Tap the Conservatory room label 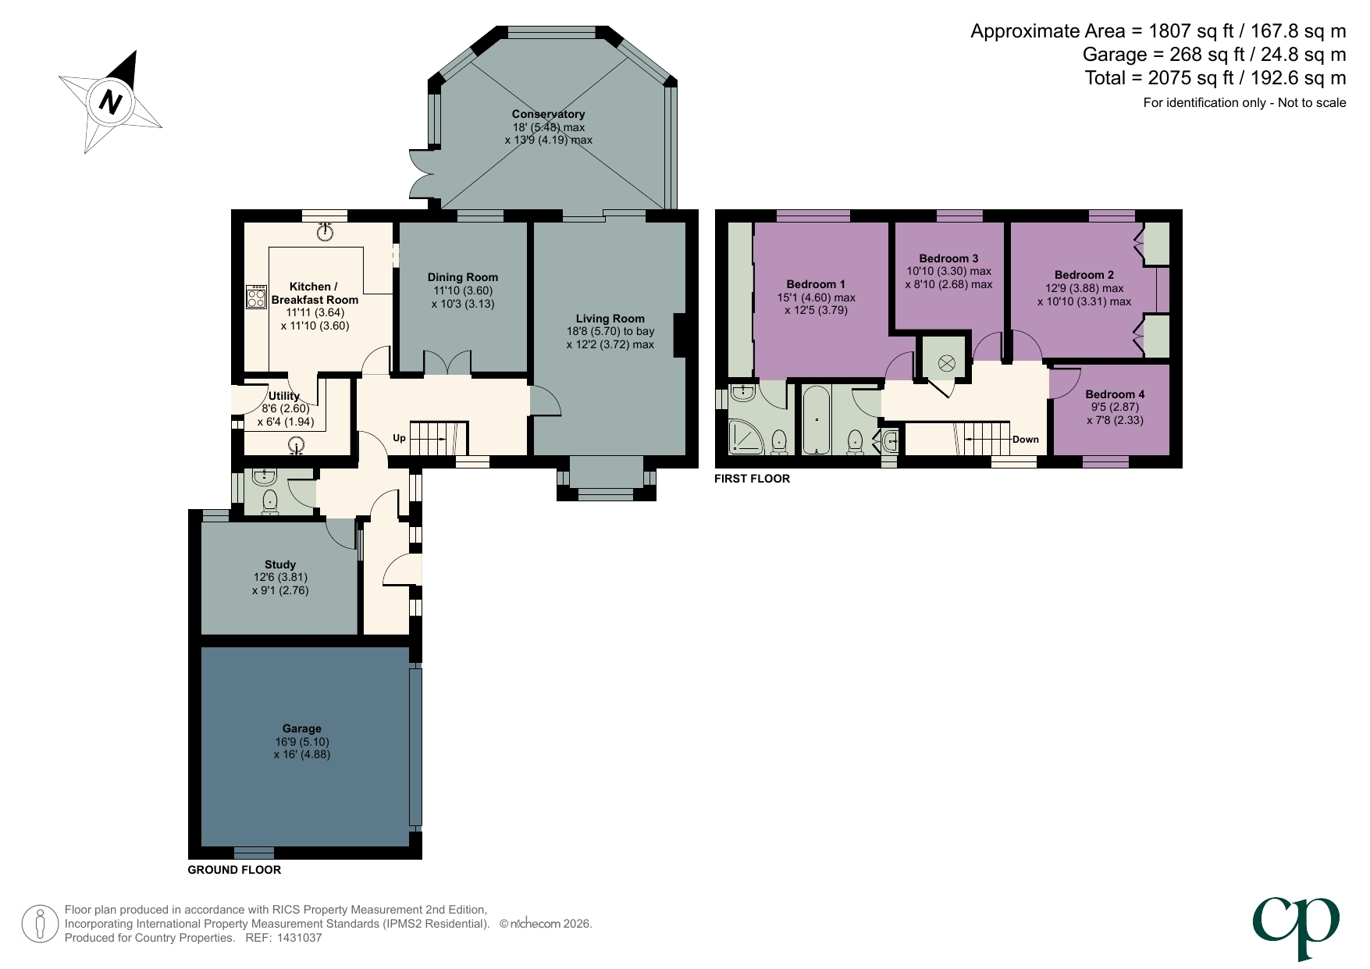[548, 114]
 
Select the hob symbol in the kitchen [256, 297]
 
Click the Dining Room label [462, 277]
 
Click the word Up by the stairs [399, 438]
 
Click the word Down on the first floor [1025, 439]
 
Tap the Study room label [279, 565]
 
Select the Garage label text [301, 729]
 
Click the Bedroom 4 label [1114, 394]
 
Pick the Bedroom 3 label [948, 258]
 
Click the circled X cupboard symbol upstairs [946, 362]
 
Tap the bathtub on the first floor [817, 420]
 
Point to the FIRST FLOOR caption [752, 479]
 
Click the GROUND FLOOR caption [234, 870]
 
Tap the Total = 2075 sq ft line [1215, 78]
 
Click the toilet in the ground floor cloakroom [270, 501]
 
